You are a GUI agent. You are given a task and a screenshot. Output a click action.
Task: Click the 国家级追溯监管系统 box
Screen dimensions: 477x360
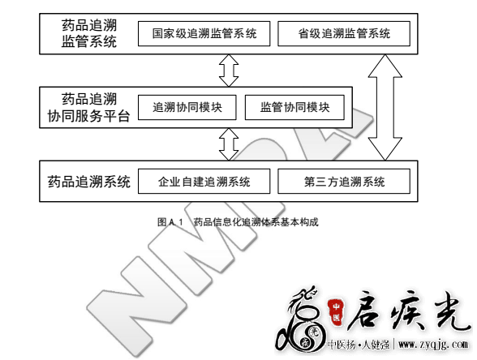204,34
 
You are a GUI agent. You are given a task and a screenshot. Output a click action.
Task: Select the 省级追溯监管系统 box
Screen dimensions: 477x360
344,34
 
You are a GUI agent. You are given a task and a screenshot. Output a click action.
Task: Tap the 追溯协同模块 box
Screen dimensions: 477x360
187,107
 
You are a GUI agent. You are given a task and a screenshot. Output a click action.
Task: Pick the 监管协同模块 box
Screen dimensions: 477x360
294,107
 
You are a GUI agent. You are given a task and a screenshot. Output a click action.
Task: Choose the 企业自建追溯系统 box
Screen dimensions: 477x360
204,182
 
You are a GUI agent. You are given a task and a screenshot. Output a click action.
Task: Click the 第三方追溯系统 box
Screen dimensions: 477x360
344,182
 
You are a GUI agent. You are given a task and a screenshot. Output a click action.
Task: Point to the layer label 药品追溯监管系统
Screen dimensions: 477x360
89,33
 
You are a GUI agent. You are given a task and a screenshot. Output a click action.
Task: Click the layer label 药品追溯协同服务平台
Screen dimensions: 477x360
89,107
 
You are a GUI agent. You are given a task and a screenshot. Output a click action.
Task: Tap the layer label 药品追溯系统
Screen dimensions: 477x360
89,182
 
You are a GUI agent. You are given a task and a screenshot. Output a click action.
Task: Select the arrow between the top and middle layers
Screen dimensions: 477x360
229,71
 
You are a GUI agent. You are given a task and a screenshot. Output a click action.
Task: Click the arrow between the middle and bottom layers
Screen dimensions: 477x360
229,144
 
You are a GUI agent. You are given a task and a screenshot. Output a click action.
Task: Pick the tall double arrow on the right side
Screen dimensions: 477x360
385,107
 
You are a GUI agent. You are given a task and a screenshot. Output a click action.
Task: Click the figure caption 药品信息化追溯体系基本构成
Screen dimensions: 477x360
256,222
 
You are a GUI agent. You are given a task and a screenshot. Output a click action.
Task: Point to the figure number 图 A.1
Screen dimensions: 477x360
170,222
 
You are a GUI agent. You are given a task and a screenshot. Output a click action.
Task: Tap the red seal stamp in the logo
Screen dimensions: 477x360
336,312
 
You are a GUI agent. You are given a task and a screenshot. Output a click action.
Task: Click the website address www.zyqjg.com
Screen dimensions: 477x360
433,345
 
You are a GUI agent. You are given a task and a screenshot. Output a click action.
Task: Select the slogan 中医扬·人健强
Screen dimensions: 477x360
359,345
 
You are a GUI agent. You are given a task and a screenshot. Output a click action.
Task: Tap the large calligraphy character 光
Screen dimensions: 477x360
448,311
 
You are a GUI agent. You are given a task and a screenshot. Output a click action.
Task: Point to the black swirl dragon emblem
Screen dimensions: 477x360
299,323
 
